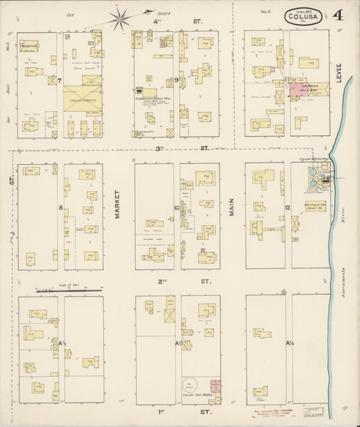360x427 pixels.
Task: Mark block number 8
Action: pyautogui.click(x=60, y=207)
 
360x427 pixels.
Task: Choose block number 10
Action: pyautogui.click(x=176, y=207)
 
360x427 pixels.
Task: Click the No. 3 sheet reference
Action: pyautogui.click(x=265, y=11)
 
